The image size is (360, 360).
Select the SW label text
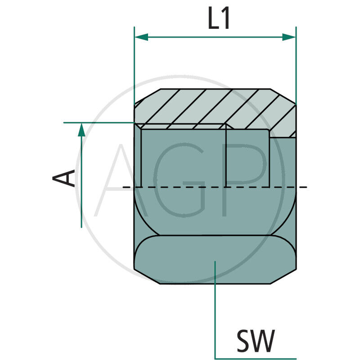(x=255, y=342)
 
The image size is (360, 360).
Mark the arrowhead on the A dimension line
(x=81, y=130)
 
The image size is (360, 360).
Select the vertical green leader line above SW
(x=216, y=306)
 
